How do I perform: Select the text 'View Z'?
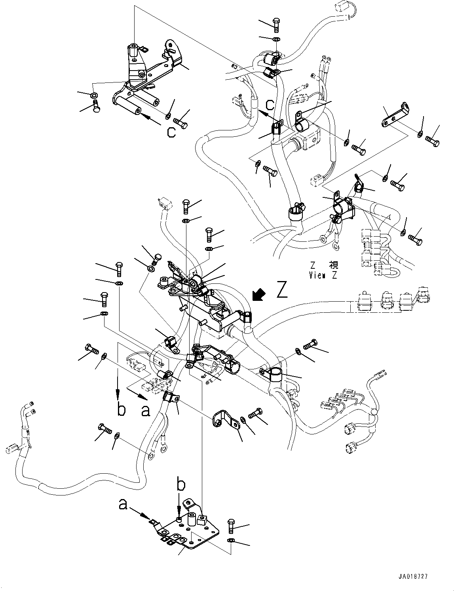(x=323, y=275)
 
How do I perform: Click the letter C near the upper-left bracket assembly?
(x=171, y=132)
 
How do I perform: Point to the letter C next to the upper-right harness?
(x=270, y=105)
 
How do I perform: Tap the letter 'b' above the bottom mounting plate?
(x=180, y=485)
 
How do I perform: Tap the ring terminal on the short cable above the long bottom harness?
(x=151, y=456)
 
